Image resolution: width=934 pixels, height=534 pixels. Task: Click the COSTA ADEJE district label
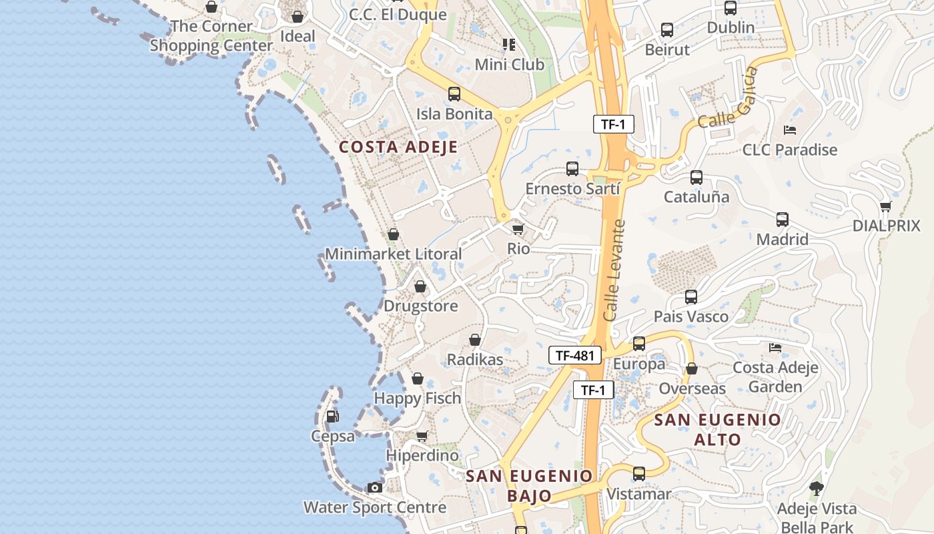[398, 148]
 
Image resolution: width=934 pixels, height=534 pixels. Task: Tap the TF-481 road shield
[574, 355]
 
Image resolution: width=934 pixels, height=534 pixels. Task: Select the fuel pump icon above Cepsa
[332, 417]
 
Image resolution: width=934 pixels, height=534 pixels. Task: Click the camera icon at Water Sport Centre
[375, 488]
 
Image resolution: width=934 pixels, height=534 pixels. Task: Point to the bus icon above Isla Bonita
[454, 94]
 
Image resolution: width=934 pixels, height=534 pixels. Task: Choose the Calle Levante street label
[614, 270]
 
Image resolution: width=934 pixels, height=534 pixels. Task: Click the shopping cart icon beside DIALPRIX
[885, 206]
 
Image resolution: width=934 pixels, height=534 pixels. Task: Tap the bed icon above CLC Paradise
[790, 129]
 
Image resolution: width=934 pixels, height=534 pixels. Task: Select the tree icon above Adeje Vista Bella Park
[815, 489]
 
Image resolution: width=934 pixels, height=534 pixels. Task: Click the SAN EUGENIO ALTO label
[717, 429]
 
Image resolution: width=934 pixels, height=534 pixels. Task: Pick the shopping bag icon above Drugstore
[420, 287]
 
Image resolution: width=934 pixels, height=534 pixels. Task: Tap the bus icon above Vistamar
[639, 475]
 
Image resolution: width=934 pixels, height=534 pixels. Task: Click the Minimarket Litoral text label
[393, 254]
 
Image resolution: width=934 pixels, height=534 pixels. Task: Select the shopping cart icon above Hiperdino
[422, 437]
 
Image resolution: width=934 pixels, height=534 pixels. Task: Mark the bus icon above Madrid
[782, 220]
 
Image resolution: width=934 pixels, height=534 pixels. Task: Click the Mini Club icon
[509, 45]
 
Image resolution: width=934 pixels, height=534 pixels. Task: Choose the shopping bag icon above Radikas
[475, 340]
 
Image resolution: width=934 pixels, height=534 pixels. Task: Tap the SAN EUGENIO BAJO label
[529, 486]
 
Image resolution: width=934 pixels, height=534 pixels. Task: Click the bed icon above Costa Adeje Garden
[775, 347]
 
